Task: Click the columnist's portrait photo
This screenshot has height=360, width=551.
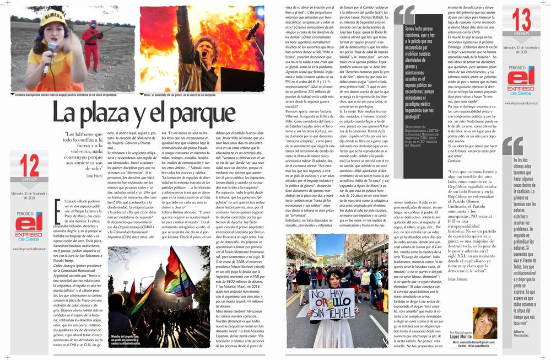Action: pyautogui.click(x=485, y=322)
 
